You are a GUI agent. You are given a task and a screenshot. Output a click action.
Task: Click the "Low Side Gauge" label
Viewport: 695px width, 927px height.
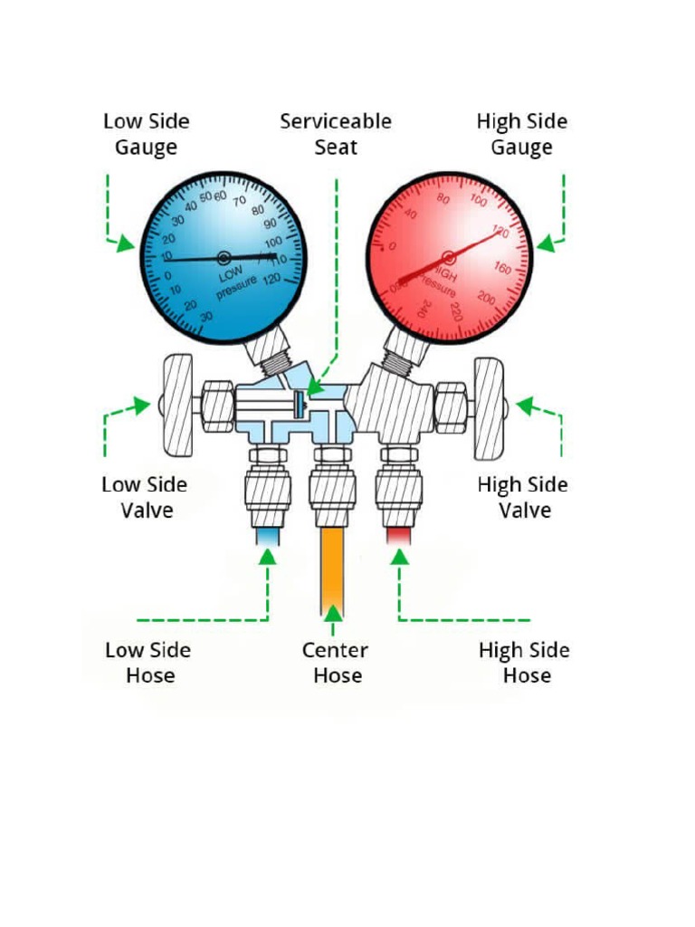click(146, 134)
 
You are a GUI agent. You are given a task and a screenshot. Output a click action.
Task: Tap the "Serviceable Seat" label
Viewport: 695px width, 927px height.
click(336, 134)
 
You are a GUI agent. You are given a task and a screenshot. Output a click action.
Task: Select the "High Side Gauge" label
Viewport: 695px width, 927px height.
click(522, 134)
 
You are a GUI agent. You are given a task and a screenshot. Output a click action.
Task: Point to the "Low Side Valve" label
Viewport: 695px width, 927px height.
click(145, 497)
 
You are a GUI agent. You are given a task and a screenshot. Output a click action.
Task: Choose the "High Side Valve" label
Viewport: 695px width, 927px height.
click(523, 497)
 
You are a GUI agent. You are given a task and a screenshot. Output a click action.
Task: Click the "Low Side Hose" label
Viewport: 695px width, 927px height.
click(148, 663)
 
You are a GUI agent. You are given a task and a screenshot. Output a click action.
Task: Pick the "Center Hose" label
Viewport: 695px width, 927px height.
click(336, 663)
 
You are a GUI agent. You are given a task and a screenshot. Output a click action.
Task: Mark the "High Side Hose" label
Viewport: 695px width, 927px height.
click(524, 663)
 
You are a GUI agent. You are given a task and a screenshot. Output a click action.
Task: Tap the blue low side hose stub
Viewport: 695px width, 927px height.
click(269, 537)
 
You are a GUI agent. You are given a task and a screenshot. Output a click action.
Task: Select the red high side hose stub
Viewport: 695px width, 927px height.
click(398, 537)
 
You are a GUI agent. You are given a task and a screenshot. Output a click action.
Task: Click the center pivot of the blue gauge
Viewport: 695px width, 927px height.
click(224, 258)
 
